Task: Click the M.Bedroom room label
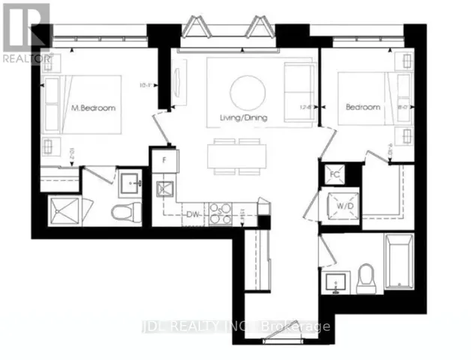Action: (93, 109)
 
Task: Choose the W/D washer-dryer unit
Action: (334, 204)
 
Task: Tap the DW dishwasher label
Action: (193, 213)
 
